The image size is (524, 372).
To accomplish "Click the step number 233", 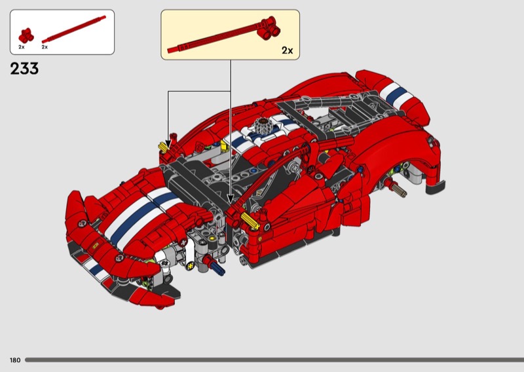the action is (24, 69).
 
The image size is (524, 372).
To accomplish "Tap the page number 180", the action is (15, 360).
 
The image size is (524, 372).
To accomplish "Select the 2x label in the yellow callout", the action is (287, 50).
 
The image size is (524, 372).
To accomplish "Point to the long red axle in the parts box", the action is (74, 29).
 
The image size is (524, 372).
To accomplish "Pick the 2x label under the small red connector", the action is (22, 47).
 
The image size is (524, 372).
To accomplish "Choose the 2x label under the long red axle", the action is (45, 47).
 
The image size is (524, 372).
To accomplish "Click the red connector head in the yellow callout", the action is (269, 28).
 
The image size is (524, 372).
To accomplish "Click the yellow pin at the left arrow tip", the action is (163, 147).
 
